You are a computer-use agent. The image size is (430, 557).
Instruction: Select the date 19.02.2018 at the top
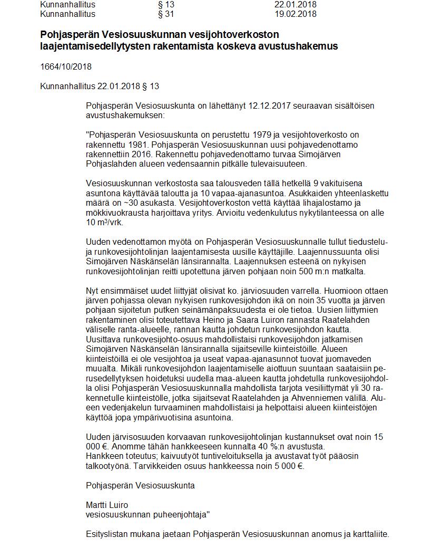pos(296,14)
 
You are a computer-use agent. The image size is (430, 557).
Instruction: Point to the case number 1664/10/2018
pos(66,67)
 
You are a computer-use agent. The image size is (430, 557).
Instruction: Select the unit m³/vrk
pos(110,223)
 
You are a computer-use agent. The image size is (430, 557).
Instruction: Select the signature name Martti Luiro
pos(107,505)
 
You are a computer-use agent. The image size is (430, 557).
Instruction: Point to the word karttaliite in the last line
pos(367,534)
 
